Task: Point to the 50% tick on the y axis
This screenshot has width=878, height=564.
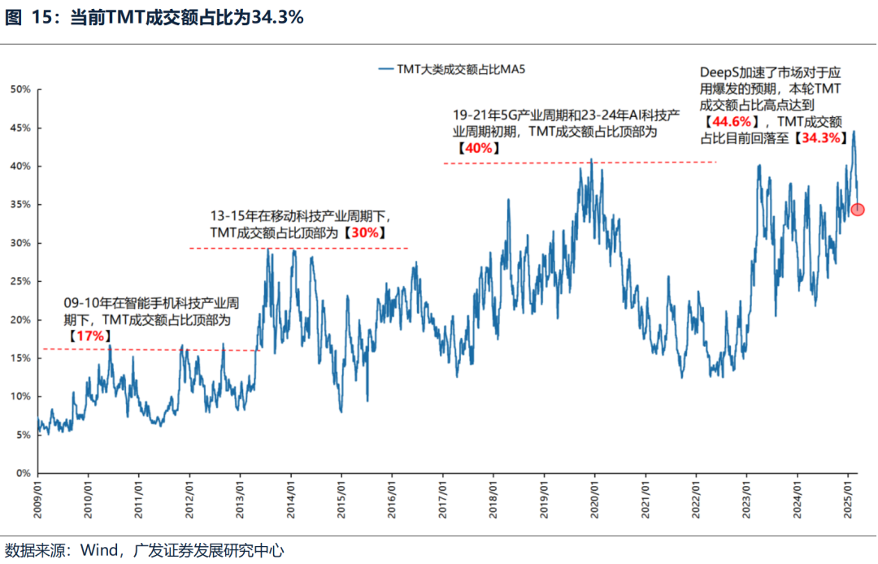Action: click(20, 89)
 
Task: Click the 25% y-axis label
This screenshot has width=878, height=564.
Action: click(20, 281)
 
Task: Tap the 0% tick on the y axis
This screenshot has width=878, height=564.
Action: click(23, 473)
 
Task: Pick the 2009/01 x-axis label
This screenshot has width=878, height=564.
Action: click(37, 499)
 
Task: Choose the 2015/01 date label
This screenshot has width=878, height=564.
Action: click(341, 499)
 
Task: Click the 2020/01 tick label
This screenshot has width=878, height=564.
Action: click(594, 499)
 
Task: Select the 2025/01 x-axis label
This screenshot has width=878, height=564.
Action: click(848, 499)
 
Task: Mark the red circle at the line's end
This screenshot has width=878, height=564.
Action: click(858, 210)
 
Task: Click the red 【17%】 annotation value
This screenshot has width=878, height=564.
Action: click(87, 336)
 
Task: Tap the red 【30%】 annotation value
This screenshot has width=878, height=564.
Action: click(363, 232)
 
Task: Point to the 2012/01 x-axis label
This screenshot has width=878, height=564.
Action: click(189, 499)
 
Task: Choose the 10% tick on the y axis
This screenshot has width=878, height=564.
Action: click(20, 397)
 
